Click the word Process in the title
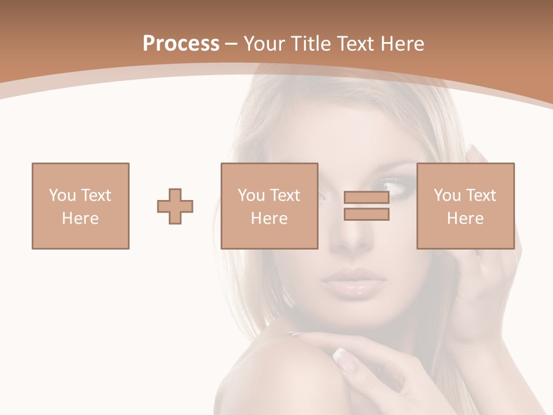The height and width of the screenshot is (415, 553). (181, 44)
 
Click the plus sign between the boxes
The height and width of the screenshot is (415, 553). (175, 206)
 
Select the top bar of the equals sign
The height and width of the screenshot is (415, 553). (366, 198)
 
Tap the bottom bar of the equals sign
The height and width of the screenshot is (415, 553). (366, 214)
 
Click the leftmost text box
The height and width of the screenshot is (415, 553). (81, 206)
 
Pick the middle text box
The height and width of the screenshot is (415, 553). (270, 206)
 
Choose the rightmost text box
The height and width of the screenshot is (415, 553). (465, 206)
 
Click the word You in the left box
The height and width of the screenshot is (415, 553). (62, 195)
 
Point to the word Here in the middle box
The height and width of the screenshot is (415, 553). (270, 218)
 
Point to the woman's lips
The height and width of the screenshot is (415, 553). (353, 280)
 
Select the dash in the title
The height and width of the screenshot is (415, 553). (232, 44)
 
